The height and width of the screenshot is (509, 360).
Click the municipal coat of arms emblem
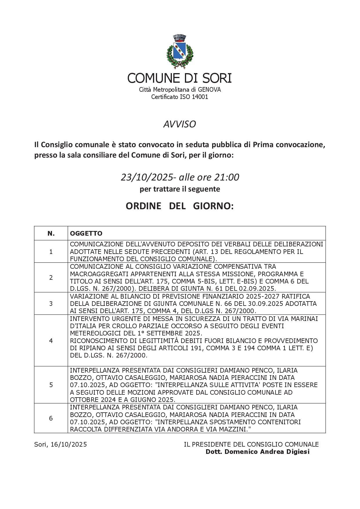[x=180, y=52]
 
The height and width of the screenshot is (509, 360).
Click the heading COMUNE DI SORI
[x=179, y=78]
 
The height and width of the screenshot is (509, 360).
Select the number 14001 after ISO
[x=200, y=97]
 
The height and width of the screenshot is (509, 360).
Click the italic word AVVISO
[x=179, y=124]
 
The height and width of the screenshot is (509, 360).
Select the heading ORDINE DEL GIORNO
[x=179, y=206]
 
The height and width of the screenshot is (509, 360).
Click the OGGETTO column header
[x=86, y=233]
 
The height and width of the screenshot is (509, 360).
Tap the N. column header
[x=51, y=233]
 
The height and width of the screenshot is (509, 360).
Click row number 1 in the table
[x=51, y=252]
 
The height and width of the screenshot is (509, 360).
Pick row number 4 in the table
[x=51, y=341]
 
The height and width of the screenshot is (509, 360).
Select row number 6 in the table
[x=51, y=418]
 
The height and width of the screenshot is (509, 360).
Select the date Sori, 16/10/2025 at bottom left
[x=60, y=444]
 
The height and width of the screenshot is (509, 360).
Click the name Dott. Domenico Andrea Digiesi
[x=258, y=452]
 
